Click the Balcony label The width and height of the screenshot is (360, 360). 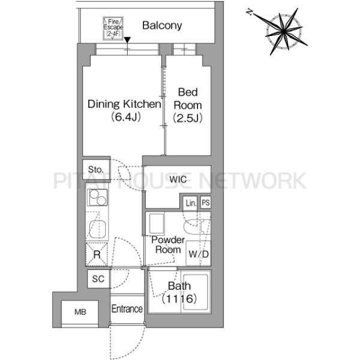[162, 25]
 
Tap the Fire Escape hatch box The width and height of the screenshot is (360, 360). [113, 28]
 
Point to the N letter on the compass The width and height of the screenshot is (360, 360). [250, 11]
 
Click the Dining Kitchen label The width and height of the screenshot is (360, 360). [124, 104]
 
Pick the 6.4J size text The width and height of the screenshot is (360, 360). [126, 118]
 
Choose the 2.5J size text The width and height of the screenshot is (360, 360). [188, 118]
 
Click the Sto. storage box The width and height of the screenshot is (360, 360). [96, 169]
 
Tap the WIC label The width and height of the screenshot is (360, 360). [178, 179]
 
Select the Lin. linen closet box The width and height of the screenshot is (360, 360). [190, 203]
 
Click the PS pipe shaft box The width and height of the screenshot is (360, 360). [205, 203]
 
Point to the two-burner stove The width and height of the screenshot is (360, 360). [97, 197]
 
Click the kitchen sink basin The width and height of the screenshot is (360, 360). [98, 229]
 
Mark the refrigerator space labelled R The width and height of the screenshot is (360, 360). [97, 254]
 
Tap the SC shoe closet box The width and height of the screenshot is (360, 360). [98, 279]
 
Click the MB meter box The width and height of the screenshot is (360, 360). [80, 312]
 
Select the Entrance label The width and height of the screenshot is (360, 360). [127, 309]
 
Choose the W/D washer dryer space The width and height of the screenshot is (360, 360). [199, 253]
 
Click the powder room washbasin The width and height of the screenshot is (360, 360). [157, 224]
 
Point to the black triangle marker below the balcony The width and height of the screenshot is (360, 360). [127, 40]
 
